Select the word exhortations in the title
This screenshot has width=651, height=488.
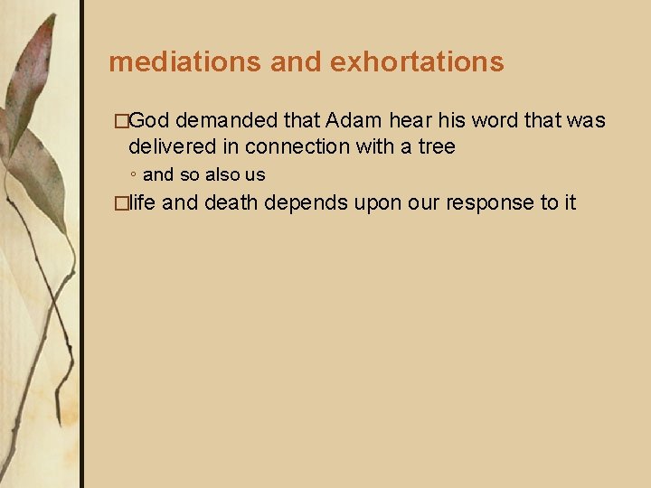[417, 61]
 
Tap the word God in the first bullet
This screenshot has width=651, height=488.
[153, 121]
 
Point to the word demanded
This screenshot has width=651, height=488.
[228, 121]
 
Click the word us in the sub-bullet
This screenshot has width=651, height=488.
[255, 174]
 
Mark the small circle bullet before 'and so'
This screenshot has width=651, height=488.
[133, 175]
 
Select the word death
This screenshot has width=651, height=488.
[231, 202]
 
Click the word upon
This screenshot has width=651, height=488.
[378, 202]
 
